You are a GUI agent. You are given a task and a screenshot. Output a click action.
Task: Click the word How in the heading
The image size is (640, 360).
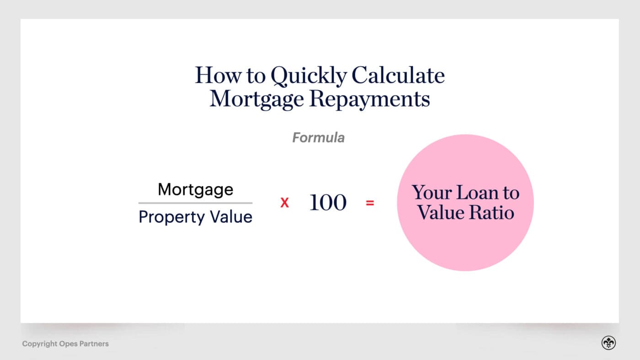click(x=214, y=75)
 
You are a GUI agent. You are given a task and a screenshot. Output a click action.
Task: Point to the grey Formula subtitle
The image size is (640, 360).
click(x=318, y=138)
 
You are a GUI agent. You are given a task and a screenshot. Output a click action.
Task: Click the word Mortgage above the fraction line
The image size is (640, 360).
click(x=195, y=190)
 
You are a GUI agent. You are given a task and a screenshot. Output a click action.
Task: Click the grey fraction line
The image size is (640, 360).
click(x=195, y=203)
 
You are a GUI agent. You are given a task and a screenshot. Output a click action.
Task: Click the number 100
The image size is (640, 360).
click(x=328, y=203)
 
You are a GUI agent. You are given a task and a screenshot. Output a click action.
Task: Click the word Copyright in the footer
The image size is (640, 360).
click(x=39, y=344)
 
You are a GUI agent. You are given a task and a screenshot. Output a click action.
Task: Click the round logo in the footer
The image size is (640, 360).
click(x=608, y=343)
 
